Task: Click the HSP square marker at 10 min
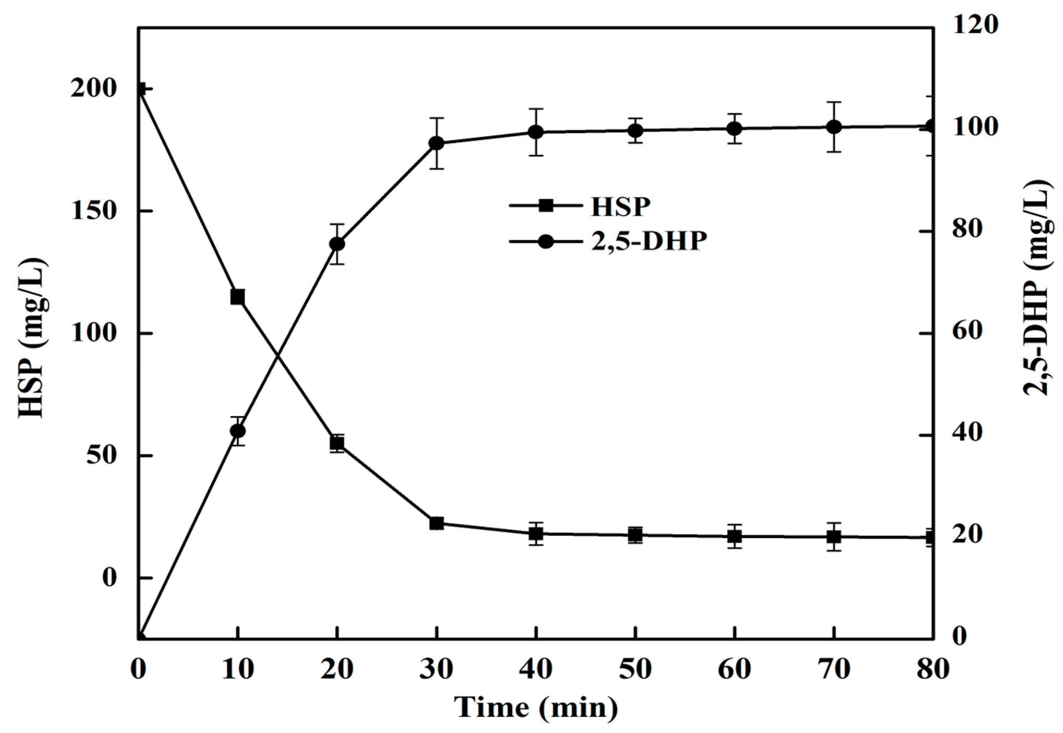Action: (x=237, y=297)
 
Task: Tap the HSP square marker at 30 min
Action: (x=437, y=523)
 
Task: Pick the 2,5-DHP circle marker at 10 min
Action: (x=237, y=431)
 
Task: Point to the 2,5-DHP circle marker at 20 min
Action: (x=337, y=244)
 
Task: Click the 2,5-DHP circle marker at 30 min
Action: (x=437, y=143)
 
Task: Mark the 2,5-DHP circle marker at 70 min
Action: (x=834, y=127)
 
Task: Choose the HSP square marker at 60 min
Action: (x=735, y=536)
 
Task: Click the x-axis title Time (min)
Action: (x=536, y=707)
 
